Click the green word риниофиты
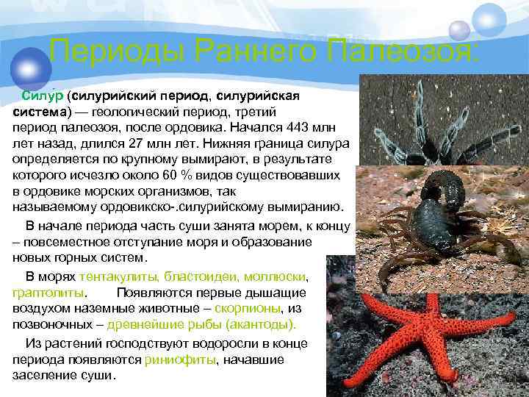pyautogui.click(x=191, y=360)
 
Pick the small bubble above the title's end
pyautogui.click(x=459, y=30)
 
